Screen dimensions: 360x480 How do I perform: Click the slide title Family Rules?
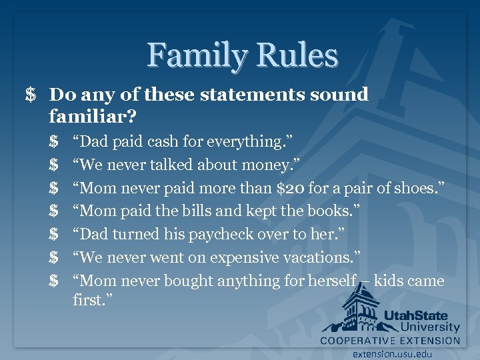pyautogui.click(x=243, y=55)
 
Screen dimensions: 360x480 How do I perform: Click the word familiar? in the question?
pyautogui.click(x=93, y=117)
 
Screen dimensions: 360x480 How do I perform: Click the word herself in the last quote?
pyautogui.click(x=331, y=281)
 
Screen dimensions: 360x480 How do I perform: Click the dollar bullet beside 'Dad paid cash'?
pyautogui.click(x=53, y=141)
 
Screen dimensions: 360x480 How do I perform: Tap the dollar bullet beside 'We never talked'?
pyautogui.click(x=53, y=165)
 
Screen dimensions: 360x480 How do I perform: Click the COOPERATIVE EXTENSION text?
pyautogui.click(x=390, y=341)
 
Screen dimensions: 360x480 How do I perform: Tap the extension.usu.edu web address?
pyautogui.click(x=393, y=353)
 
